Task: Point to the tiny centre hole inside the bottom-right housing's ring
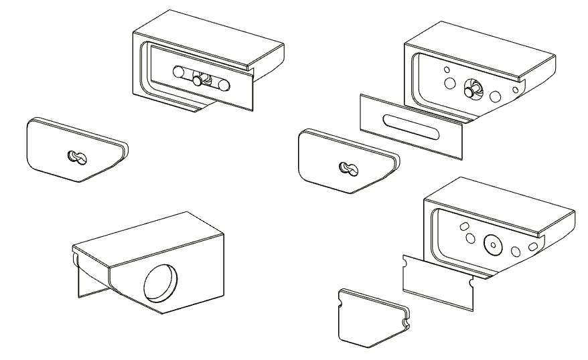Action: coord(492,245)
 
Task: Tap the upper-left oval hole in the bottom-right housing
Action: coord(462,228)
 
